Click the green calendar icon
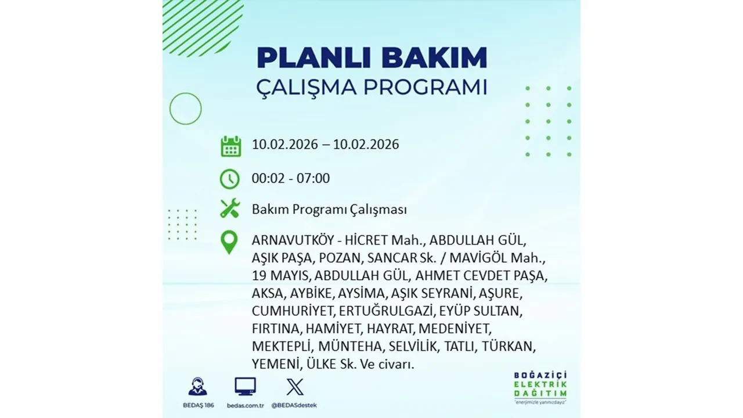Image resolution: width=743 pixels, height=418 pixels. [230, 146]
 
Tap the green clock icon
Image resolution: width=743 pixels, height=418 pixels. [230, 179]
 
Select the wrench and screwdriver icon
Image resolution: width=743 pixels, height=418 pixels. [230, 209]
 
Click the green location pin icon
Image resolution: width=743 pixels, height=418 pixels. [230, 243]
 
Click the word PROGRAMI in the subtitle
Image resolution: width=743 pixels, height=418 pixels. [428, 87]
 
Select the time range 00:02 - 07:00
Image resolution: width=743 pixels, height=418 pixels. [291, 178]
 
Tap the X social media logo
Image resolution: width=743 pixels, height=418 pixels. [295, 387]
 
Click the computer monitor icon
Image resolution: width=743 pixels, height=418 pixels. [245, 387]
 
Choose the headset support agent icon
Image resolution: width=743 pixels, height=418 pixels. [197, 387]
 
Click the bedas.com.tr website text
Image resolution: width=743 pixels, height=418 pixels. [245, 405]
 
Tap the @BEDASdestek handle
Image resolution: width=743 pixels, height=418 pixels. [295, 405]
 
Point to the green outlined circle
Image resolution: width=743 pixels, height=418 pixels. [185, 109]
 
